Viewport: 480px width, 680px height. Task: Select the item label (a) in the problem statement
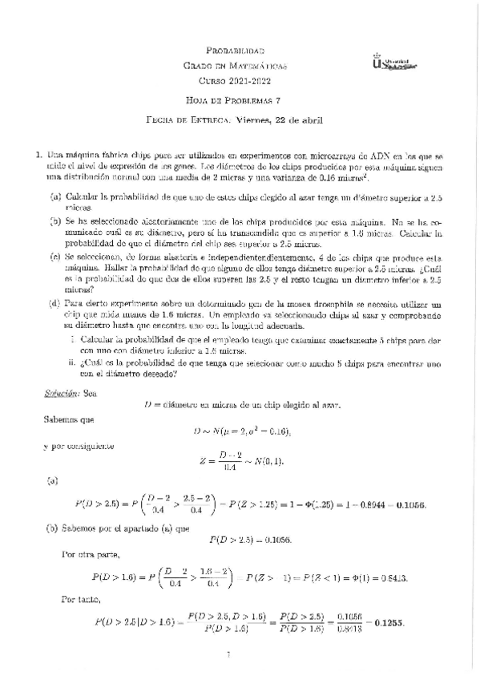(x=55, y=196)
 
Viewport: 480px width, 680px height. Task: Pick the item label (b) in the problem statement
(x=55, y=219)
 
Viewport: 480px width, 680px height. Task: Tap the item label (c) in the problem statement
(x=55, y=257)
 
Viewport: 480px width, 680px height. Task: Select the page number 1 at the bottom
(x=229, y=657)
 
